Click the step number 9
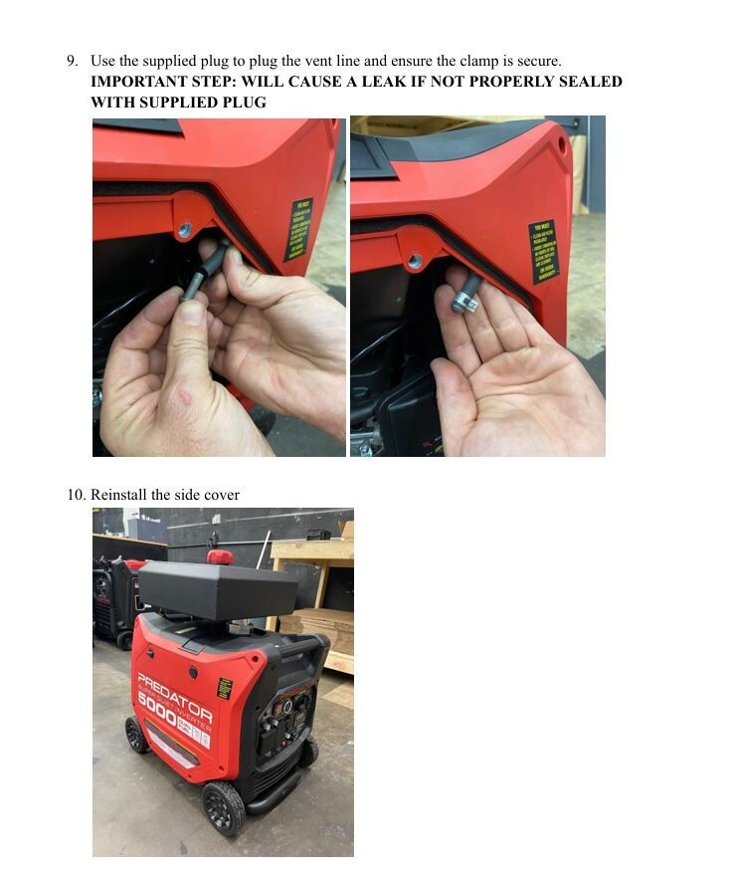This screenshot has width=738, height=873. click(x=72, y=62)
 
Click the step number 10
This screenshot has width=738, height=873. click(x=76, y=495)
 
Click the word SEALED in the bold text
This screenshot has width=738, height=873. click(x=591, y=82)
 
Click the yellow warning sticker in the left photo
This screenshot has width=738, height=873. click(x=297, y=230)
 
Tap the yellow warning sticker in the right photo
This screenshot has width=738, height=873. click(x=543, y=251)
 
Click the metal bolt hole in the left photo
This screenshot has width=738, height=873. click(x=184, y=230)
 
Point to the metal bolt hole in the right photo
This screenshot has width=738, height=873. click(x=415, y=261)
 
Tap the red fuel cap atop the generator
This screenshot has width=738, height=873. click(x=219, y=555)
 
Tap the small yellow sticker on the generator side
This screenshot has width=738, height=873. click(x=225, y=688)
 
